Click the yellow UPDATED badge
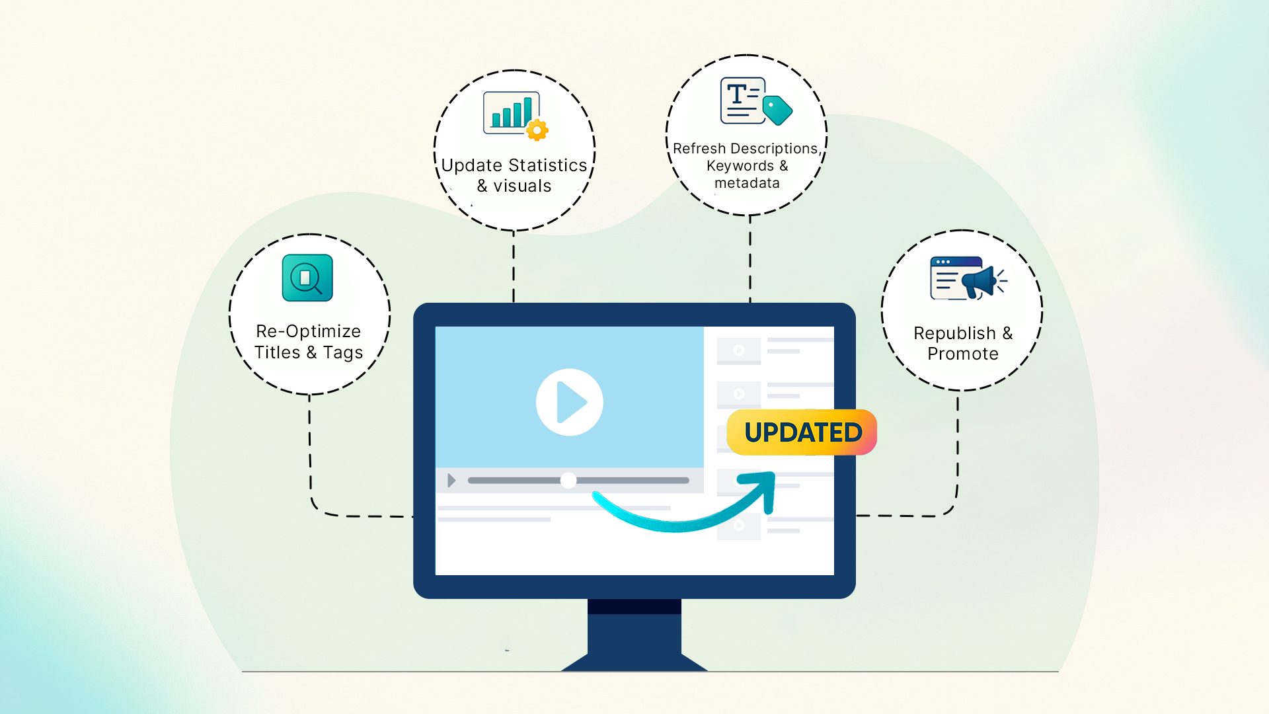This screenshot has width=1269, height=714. pyautogui.click(x=802, y=432)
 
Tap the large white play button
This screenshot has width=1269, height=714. pyautogui.click(x=569, y=402)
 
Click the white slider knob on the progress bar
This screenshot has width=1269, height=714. pyautogui.click(x=568, y=481)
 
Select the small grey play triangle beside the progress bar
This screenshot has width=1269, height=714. pyautogui.click(x=451, y=480)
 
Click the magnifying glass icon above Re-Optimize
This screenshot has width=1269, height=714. pyautogui.click(x=307, y=278)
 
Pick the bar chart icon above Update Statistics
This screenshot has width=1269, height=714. pyautogui.click(x=510, y=112)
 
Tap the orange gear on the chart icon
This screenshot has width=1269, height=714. pyautogui.click(x=537, y=130)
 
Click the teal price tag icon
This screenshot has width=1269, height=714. pyautogui.click(x=777, y=110)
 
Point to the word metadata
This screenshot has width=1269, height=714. pyautogui.click(x=747, y=183)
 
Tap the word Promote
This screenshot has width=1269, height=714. pyautogui.click(x=962, y=354)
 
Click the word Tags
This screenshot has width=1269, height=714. pyautogui.click(x=342, y=352)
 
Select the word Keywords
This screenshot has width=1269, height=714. pyautogui.click(x=740, y=166)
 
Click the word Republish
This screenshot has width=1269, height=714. pyautogui.click(x=954, y=333)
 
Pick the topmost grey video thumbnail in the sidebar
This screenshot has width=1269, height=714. pyautogui.click(x=739, y=350)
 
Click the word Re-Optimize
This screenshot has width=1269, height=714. pyautogui.click(x=308, y=331)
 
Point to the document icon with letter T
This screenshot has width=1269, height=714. pyautogui.click(x=742, y=100)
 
